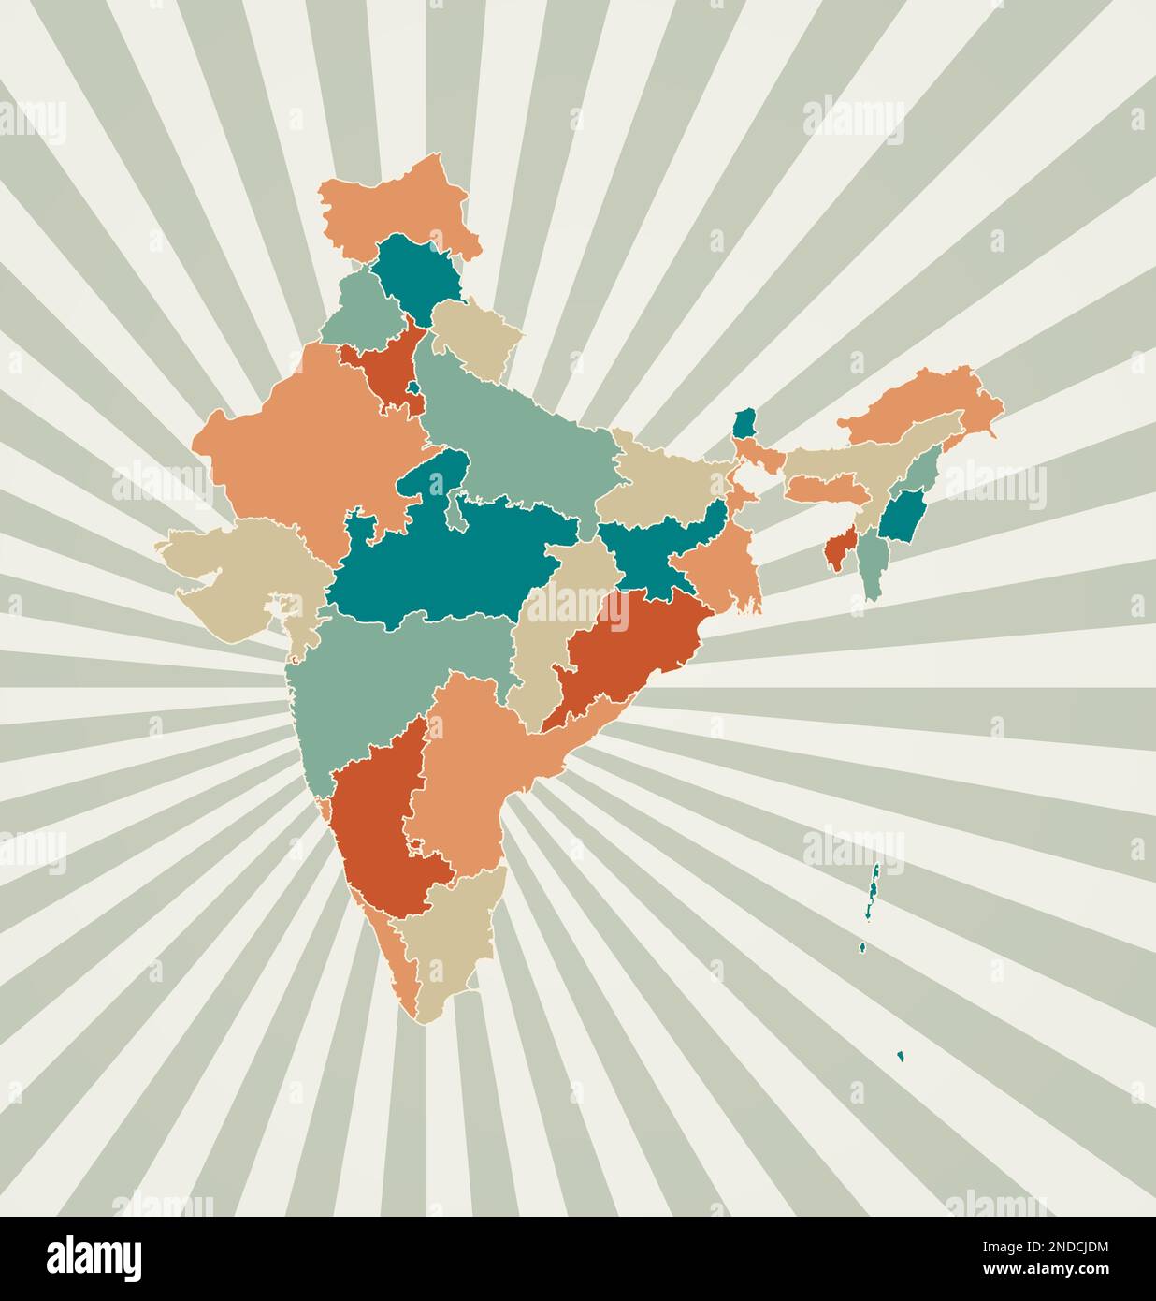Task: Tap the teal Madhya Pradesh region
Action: pyautogui.click(x=458, y=562)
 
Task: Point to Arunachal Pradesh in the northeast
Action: pyautogui.click(x=926, y=402)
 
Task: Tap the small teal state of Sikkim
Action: pyautogui.click(x=744, y=424)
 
